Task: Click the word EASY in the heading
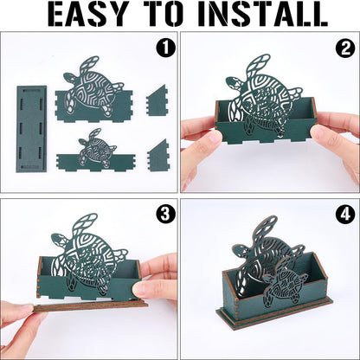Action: click(88, 13)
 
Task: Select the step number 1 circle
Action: click(166, 48)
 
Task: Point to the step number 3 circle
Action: click(166, 215)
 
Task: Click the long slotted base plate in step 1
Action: click(31, 129)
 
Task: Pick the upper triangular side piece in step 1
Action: click(157, 100)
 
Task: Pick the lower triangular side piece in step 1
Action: click(157, 156)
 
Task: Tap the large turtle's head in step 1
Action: click(69, 78)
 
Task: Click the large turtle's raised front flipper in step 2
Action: click(258, 65)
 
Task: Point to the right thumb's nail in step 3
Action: click(141, 289)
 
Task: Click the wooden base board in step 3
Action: click(91, 305)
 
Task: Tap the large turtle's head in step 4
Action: click(239, 250)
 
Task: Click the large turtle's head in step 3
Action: click(58, 240)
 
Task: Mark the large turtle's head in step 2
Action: click(233, 83)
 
